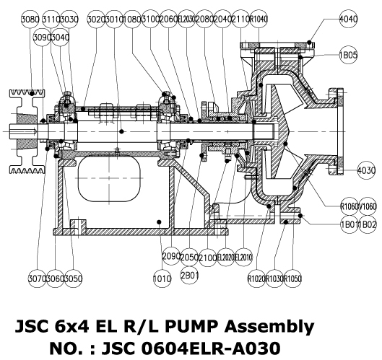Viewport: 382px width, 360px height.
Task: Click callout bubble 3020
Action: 96,18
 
